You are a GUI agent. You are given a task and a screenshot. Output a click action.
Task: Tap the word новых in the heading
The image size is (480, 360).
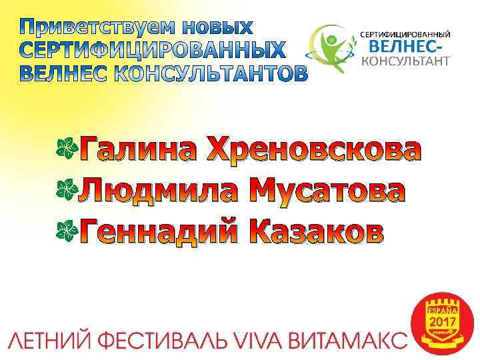220,28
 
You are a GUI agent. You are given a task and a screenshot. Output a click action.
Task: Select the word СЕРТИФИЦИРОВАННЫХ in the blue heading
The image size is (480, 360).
151,51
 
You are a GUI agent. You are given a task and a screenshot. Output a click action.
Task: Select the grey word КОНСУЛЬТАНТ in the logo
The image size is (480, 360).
405,62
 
